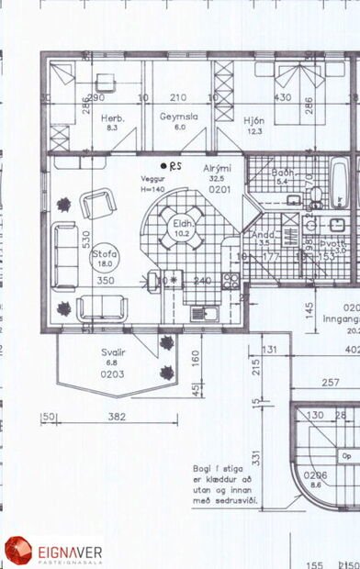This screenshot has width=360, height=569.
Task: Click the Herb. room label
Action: click(112, 118)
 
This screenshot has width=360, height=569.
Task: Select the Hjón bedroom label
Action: click(254, 118)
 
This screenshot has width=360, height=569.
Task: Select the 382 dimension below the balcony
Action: click(117, 418)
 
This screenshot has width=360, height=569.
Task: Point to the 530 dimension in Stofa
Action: click(61, 240)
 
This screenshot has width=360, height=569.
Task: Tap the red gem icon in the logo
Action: click(18, 551)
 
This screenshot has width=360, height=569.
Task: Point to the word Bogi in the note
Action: click(204, 466)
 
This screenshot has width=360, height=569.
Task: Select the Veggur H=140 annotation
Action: click(152, 184)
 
